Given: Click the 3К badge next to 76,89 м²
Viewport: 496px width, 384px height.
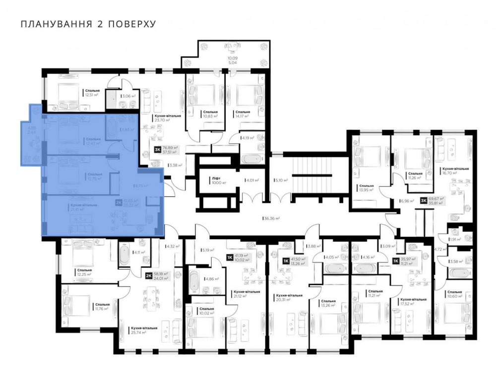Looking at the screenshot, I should coord(158,149).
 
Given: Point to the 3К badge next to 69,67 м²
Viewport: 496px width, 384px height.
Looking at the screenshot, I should coord(423,200).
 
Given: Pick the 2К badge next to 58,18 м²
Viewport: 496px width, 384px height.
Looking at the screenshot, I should coord(148,276).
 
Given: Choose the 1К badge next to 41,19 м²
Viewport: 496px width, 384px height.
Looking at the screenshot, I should coord(230,257).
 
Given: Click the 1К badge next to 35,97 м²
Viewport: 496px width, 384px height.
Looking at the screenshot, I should coord(396,260).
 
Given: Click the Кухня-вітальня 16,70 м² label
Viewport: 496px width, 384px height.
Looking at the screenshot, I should coord(454,171).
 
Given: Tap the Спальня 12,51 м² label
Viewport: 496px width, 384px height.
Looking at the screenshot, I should coord(92,93).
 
